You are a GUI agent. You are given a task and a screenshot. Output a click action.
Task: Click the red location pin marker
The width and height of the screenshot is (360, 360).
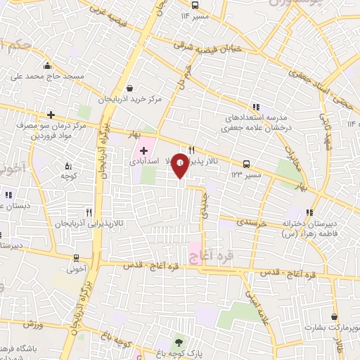(181, 165)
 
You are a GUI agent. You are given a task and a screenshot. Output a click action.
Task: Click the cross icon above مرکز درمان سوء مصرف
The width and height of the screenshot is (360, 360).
(51, 115)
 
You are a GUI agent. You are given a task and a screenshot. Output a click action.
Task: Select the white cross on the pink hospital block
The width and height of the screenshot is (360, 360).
(143, 150)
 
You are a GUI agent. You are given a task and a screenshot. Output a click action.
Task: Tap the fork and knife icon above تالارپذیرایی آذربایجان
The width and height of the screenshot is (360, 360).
(89, 211)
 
